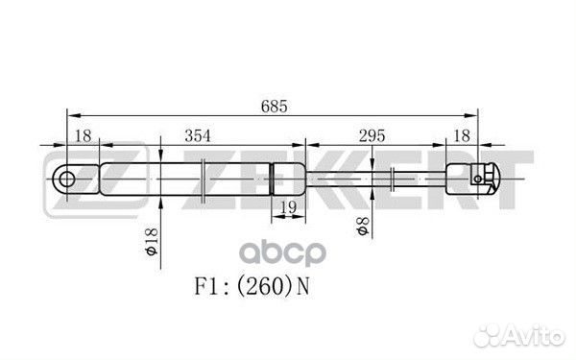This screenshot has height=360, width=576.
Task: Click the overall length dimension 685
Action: (x=274, y=107)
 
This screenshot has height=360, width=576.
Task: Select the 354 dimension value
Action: (x=198, y=136)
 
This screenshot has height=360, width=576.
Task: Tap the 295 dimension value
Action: (x=372, y=136)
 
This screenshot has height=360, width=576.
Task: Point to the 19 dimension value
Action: (x=288, y=208)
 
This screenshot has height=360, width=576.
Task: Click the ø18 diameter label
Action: (x=151, y=241)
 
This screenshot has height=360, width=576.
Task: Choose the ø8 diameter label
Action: (x=363, y=226)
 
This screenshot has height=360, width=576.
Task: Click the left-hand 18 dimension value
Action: (x=83, y=136)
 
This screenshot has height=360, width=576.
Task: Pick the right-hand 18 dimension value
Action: (x=462, y=136)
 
